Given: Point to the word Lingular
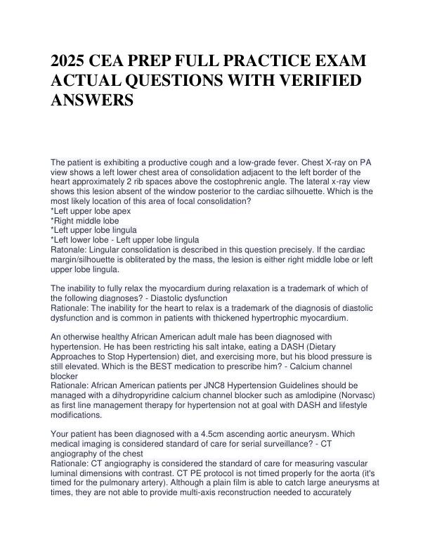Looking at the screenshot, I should (107, 249).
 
